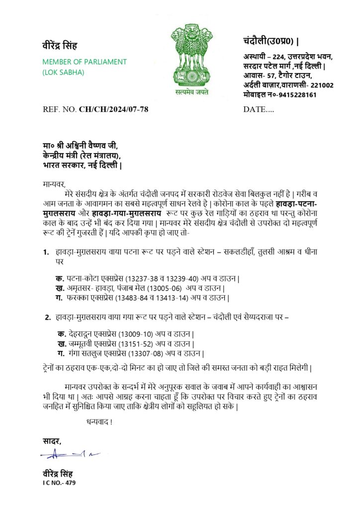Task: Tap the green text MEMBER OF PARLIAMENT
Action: point(85,62)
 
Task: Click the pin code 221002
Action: point(322,85)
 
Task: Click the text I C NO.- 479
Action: point(59,482)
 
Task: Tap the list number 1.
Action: point(46,253)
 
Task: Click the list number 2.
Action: point(48,317)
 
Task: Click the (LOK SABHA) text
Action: point(63,72)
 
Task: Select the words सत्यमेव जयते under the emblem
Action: point(191,92)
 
